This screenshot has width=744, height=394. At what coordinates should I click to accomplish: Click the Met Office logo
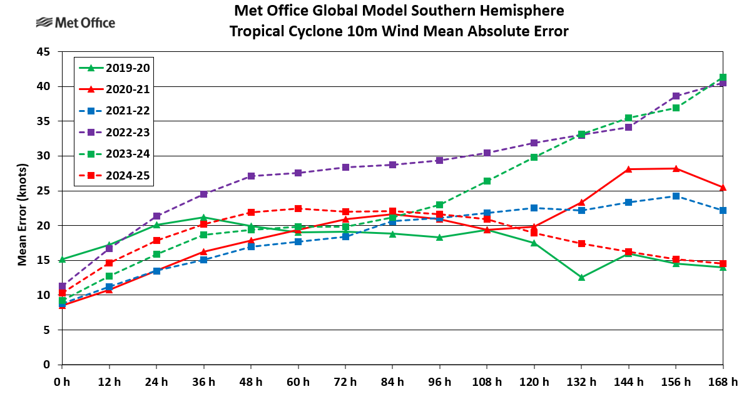click(75, 23)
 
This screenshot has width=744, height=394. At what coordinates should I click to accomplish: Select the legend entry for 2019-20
click(113, 68)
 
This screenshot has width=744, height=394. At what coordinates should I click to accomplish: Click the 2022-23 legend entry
click(113, 133)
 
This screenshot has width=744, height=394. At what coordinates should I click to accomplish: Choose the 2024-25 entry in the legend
click(113, 176)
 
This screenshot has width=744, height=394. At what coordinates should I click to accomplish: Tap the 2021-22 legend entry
click(113, 111)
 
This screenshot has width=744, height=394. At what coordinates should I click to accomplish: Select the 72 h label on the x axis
click(345, 381)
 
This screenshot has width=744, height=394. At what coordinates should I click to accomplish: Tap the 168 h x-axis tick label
click(724, 381)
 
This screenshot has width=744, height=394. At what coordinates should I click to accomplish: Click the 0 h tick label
click(61, 381)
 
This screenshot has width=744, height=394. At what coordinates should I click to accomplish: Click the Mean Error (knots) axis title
click(22, 208)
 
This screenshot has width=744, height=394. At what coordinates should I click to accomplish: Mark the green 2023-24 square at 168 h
click(723, 78)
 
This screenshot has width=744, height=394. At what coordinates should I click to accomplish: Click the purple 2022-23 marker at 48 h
click(251, 176)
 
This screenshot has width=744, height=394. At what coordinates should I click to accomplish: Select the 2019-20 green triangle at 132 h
click(581, 277)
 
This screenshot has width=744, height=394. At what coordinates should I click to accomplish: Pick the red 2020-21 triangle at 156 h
click(676, 168)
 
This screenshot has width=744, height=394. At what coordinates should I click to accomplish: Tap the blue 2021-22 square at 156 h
click(676, 196)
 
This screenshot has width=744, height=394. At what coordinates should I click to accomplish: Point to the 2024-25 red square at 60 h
click(298, 208)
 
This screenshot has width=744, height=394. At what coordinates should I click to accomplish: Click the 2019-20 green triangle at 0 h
click(61, 259)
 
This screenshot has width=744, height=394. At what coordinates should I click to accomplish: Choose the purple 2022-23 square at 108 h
click(487, 153)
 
